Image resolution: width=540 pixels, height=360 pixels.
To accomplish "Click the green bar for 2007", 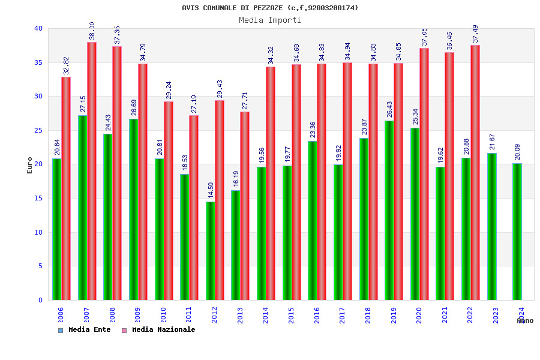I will (x=82, y=208).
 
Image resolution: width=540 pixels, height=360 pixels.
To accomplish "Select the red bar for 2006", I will (x=66, y=188).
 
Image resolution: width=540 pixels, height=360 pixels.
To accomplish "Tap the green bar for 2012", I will (x=210, y=251).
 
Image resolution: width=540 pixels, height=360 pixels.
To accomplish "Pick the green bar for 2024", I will (x=517, y=232).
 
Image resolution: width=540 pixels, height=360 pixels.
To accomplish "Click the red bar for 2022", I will (x=475, y=173).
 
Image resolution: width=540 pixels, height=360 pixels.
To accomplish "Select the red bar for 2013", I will (x=245, y=206).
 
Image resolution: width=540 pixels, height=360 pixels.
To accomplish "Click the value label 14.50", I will (x=211, y=190).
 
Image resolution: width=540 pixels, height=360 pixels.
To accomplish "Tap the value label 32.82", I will (x=67, y=65).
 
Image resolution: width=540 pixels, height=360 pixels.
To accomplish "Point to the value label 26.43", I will (x=389, y=109).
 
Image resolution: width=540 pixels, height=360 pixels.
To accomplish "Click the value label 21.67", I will (x=493, y=142).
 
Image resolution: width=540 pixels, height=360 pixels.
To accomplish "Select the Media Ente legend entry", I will (x=85, y=329).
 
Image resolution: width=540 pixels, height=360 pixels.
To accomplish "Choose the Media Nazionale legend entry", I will (x=159, y=329).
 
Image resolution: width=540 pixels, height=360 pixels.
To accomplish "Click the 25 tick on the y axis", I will (x=38, y=130).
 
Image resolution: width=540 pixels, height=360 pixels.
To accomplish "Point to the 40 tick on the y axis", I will (x=38, y=28).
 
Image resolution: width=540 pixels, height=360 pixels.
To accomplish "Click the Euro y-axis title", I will (x=30, y=165).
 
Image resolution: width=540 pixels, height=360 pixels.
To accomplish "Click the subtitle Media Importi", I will (x=270, y=20).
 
